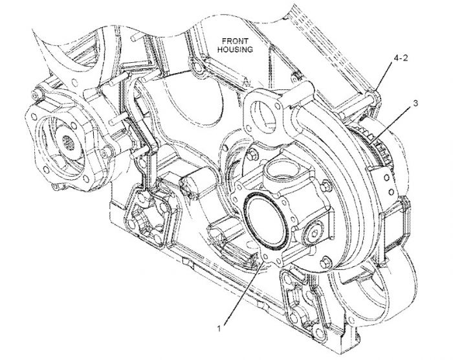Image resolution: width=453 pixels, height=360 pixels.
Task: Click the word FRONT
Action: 234,41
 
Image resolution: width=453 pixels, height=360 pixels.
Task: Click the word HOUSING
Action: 235,49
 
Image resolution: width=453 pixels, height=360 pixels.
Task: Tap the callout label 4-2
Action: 401,58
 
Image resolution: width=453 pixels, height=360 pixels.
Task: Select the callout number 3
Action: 415,103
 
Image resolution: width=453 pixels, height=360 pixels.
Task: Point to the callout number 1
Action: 219,328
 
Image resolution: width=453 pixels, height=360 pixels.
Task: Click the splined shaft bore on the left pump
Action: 70,142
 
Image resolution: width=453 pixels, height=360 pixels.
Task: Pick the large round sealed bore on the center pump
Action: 266,220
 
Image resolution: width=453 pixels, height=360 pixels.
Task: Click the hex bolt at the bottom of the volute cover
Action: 325,262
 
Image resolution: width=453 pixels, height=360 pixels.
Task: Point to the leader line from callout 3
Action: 390,124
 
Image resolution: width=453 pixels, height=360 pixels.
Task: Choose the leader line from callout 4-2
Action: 385,76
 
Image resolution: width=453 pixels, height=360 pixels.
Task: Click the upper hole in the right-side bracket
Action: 386,178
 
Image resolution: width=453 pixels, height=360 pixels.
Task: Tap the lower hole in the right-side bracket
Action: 391,192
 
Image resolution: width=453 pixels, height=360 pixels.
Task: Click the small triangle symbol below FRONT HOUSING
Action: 247,82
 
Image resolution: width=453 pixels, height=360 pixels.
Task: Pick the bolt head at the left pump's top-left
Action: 36,95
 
